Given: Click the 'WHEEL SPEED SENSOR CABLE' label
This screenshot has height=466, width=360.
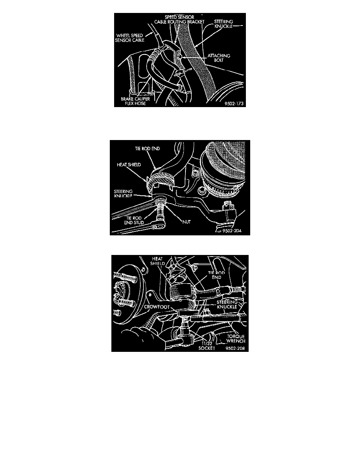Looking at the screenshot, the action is click(x=130, y=38).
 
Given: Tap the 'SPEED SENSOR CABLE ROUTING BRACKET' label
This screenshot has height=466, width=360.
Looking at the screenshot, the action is click(x=179, y=20).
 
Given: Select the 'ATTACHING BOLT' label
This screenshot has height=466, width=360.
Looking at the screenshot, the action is click(x=218, y=58).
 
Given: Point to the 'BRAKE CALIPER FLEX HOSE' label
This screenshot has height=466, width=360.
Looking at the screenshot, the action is click(x=135, y=101).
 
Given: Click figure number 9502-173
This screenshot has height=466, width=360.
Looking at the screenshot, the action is click(x=234, y=104).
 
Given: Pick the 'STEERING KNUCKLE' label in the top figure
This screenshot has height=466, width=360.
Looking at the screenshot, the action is click(x=224, y=24).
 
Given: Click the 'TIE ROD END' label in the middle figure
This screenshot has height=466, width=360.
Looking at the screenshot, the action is click(x=147, y=148).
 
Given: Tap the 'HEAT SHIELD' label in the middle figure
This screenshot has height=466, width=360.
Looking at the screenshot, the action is click(x=129, y=164).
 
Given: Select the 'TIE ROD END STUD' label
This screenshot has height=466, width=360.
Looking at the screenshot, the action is click(x=134, y=220).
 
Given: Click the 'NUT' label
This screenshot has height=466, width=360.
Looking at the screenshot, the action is click(x=187, y=222).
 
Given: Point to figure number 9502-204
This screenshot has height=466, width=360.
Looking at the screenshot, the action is click(x=232, y=230).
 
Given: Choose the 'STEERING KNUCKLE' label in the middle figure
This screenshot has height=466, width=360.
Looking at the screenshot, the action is click(x=123, y=193).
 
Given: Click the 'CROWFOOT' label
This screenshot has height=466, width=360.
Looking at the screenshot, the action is click(x=157, y=307).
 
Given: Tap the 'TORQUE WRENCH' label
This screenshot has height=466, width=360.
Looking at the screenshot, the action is click(x=236, y=339).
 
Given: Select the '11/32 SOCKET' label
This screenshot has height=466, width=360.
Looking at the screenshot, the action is click(x=207, y=346).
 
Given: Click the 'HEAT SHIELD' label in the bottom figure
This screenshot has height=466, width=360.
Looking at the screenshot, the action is click(x=157, y=261).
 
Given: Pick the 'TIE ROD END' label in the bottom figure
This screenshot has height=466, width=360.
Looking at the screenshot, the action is click(x=216, y=275).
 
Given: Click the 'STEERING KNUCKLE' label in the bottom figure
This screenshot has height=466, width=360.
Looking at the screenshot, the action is click(x=227, y=304).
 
